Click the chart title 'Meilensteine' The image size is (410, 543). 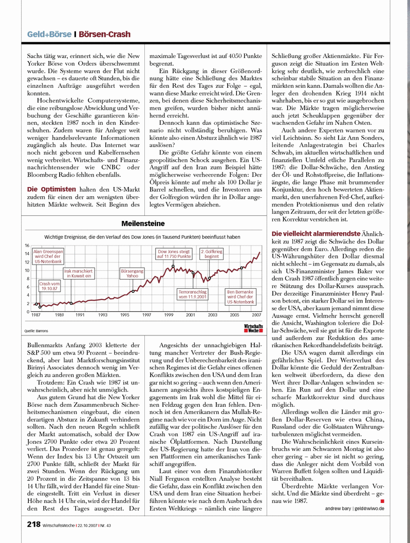pyautogui.click(x=143, y=223)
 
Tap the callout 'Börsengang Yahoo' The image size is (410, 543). pyautogui.click(x=128, y=272)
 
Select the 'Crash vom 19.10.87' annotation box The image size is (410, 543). pyautogui.click(x=49, y=286)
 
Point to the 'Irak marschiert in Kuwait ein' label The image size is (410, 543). pyautogui.click(x=78, y=273)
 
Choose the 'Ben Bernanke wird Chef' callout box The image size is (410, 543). pyautogui.click(x=240, y=296)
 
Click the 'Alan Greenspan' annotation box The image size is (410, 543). pyautogui.click(x=48, y=256)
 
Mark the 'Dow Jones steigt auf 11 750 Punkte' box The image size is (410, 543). pyautogui.click(x=174, y=254)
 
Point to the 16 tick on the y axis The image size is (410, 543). pyautogui.click(x=27, y=246)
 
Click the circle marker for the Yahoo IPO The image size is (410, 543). pyautogui.click(x=134, y=291)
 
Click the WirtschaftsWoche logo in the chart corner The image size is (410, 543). pyautogui.click(x=253, y=329)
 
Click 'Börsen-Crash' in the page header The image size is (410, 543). pyautogui.click(x=105, y=34)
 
